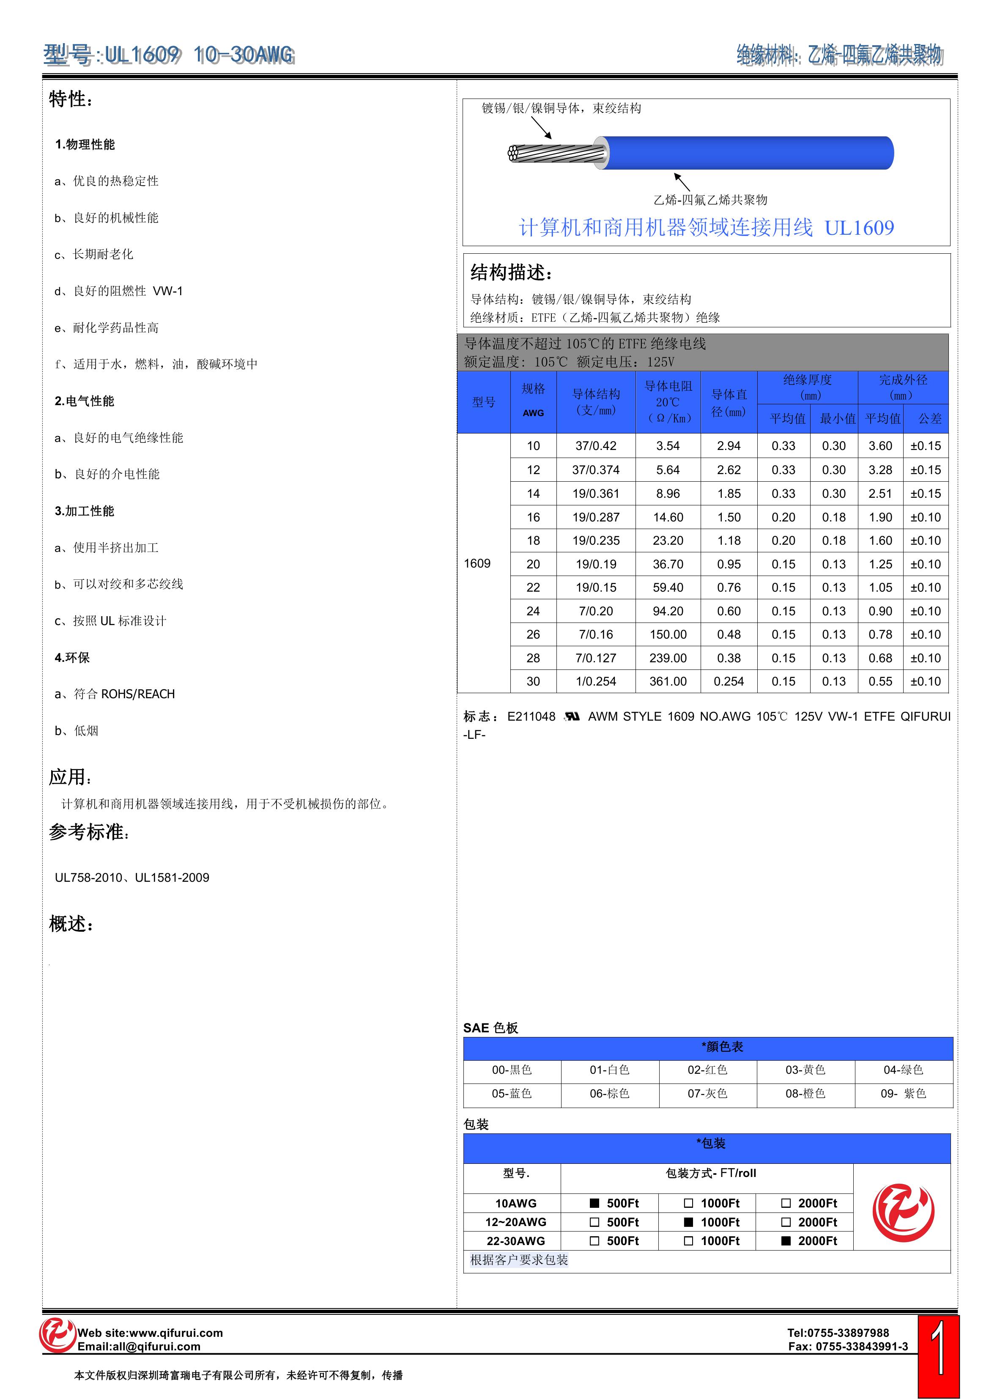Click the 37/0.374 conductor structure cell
pyautogui.click(x=595, y=470)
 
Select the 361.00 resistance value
pyautogui.click(x=668, y=681)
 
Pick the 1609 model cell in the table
pyautogui.click(x=477, y=563)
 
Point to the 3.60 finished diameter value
pyautogui.click(x=880, y=446)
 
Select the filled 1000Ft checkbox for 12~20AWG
pyautogui.click(x=689, y=1222)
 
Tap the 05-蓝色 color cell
pyautogui.click(x=512, y=1093)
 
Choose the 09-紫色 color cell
pyautogui.click(x=903, y=1093)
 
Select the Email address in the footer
pyautogui.click(x=139, y=1347)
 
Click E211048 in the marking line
pyautogui.click(x=531, y=716)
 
